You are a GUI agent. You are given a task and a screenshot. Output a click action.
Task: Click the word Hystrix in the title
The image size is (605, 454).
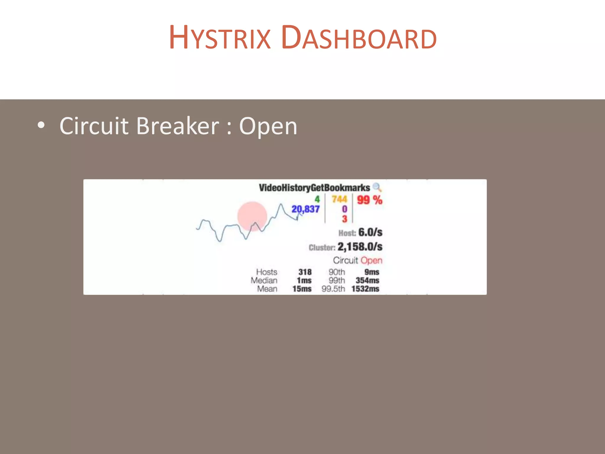(x=219, y=38)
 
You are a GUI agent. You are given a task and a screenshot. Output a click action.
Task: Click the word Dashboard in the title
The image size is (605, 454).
(x=359, y=38)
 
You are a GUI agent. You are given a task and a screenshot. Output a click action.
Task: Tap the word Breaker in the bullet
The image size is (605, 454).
(x=178, y=126)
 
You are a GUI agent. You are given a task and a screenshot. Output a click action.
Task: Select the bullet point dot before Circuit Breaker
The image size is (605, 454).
(x=41, y=125)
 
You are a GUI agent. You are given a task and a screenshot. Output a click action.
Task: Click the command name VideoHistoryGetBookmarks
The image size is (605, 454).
(x=314, y=188)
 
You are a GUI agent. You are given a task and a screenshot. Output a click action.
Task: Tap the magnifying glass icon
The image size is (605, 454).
(x=377, y=187)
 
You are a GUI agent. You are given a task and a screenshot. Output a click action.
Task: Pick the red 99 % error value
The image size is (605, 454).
(x=369, y=200)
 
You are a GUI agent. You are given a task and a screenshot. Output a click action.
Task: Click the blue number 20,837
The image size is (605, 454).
(x=305, y=209)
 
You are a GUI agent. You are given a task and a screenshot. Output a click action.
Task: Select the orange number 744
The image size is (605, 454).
(x=339, y=199)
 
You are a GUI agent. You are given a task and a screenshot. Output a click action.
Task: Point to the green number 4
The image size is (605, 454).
(x=317, y=199)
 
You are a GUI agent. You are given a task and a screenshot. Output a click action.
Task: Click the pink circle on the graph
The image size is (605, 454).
(x=252, y=216)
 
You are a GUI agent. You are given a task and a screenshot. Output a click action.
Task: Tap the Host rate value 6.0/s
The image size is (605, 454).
(x=370, y=232)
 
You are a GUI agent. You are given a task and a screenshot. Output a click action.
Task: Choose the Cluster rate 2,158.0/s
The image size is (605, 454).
(x=360, y=247)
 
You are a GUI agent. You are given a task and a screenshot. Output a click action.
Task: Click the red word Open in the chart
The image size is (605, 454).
(x=371, y=260)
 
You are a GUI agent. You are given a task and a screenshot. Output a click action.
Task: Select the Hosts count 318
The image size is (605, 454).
(x=305, y=272)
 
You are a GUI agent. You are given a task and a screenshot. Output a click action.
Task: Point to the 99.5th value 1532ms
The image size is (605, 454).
(x=365, y=289)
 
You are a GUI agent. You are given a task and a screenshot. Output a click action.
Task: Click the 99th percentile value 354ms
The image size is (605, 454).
(x=367, y=280)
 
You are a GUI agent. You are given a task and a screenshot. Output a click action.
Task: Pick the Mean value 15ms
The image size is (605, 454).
(x=302, y=289)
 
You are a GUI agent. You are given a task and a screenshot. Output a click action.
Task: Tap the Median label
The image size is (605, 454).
(x=264, y=280)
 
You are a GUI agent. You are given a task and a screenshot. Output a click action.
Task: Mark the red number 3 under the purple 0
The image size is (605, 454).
(x=344, y=219)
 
